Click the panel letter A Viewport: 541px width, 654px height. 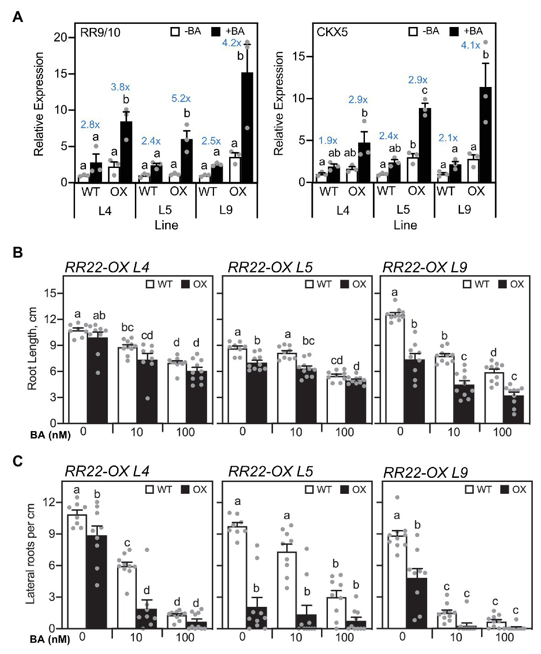(17, 17)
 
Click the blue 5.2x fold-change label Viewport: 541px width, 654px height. (181, 98)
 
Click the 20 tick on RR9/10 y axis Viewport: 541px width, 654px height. (61, 38)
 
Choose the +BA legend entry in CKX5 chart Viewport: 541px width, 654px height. (466, 31)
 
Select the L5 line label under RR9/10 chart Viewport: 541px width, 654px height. (165, 210)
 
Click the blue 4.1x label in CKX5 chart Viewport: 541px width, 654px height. (471, 46)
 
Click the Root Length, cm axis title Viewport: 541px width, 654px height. (32, 349)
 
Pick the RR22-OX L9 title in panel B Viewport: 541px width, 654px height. (425, 267)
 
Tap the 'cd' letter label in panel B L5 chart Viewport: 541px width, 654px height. (337, 361)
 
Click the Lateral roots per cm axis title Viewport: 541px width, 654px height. (31, 554)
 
